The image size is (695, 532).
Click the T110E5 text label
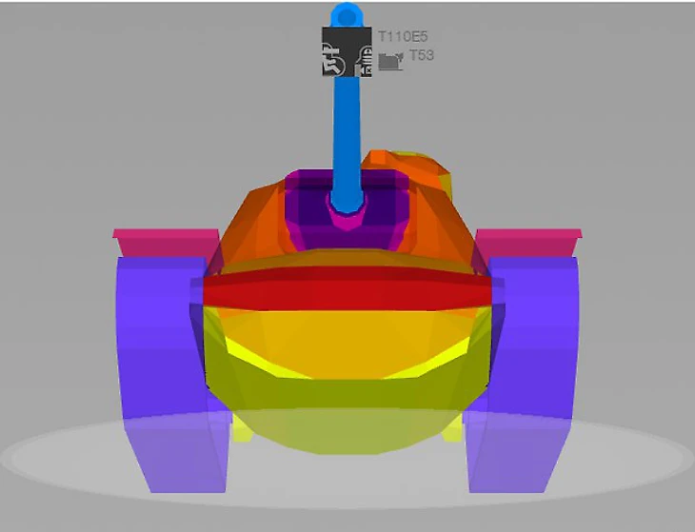click(403, 36)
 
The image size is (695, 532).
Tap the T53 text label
click(422, 55)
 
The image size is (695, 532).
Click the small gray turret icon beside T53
click(391, 61)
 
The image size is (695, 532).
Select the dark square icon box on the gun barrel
click(347, 51)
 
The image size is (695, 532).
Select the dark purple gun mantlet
click(346, 208)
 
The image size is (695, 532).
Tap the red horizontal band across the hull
click(347, 288)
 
